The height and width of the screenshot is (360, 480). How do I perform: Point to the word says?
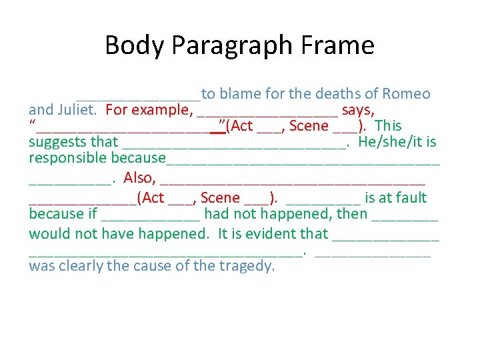coord(358,110)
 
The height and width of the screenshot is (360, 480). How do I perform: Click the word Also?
coord(139,179)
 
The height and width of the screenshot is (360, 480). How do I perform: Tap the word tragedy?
coord(246,266)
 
